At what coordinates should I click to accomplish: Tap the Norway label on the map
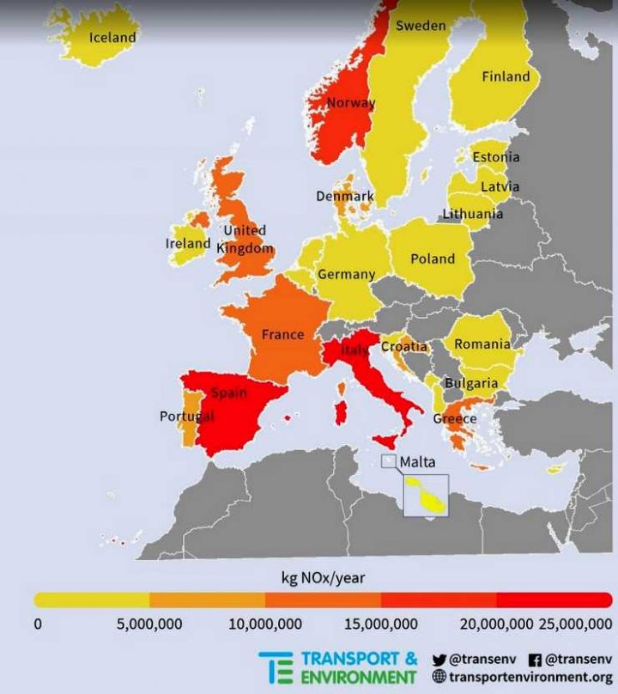pyautogui.click(x=351, y=103)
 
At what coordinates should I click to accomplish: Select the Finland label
pyautogui.click(x=506, y=76)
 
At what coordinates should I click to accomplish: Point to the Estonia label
pyautogui.click(x=496, y=157)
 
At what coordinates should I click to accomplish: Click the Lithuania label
pyautogui.click(x=473, y=214)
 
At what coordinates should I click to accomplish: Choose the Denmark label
pyautogui.click(x=345, y=196)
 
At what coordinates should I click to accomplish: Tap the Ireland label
pyautogui.click(x=188, y=243)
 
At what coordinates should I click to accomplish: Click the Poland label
pyautogui.click(x=433, y=258)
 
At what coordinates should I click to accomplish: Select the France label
pyautogui.click(x=282, y=334)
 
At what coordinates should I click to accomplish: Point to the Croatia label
pyautogui.click(x=403, y=346)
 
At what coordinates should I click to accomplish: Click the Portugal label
pyautogui.click(x=186, y=417)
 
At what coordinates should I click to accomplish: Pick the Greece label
pyautogui.click(x=454, y=418)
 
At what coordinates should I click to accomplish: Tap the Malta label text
pyautogui.click(x=418, y=460)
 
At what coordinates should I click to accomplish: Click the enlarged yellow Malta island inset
pyautogui.click(x=427, y=497)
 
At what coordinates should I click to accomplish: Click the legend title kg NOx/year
pyautogui.click(x=323, y=577)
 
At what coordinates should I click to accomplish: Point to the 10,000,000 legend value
pyautogui.click(x=265, y=624)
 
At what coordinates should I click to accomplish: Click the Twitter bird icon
pyautogui.click(x=439, y=660)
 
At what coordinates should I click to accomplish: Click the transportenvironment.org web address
pyautogui.click(x=530, y=677)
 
